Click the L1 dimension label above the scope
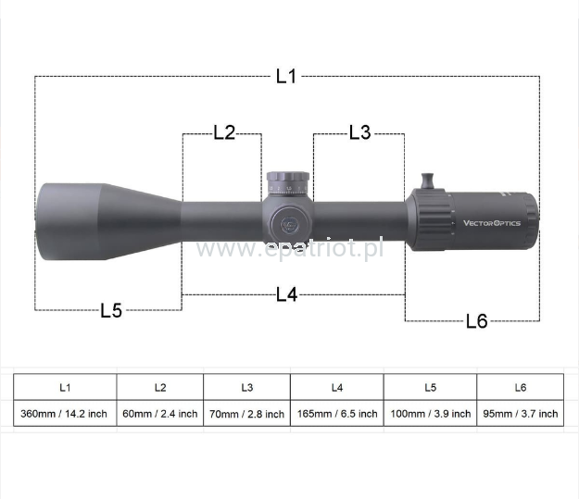(286, 76)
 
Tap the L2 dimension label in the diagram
(224, 132)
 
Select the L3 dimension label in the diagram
(360, 132)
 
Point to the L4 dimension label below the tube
(287, 295)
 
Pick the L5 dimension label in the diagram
(111, 310)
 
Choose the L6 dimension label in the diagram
(477, 321)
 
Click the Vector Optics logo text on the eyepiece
(492, 223)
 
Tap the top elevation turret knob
(288, 182)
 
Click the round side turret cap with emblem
(289, 224)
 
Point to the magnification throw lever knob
(427, 181)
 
